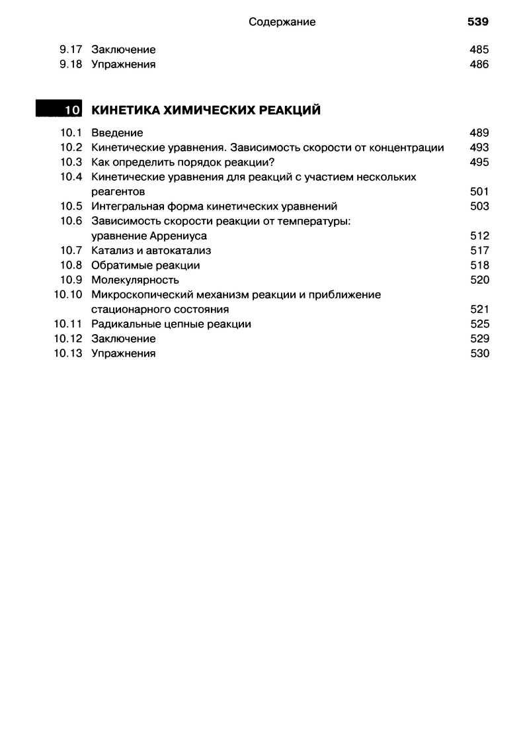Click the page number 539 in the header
click(x=477, y=22)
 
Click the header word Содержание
click(x=282, y=22)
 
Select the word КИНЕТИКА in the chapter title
click(x=122, y=110)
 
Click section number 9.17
click(x=70, y=50)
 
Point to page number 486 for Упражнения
click(x=479, y=64)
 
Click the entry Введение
click(x=117, y=133)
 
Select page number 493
click(x=479, y=148)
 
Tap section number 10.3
click(x=70, y=162)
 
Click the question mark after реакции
click(x=272, y=162)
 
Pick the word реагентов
click(x=118, y=192)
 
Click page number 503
click(x=479, y=206)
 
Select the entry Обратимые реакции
click(x=145, y=265)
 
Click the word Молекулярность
click(x=135, y=280)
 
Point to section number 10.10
click(x=67, y=294)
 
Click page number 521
click(x=479, y=310)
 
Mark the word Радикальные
click(x=124, y=324)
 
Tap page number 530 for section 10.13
click(x=479, y=353)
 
